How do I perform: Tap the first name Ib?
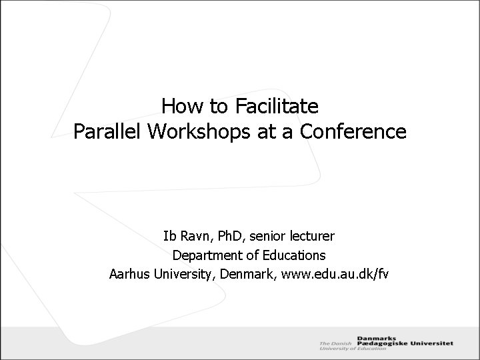coord(169,236)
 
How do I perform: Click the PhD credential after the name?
coord(227,236)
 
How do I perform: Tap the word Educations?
coord(293,255)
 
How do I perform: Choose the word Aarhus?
coord(130,274)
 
